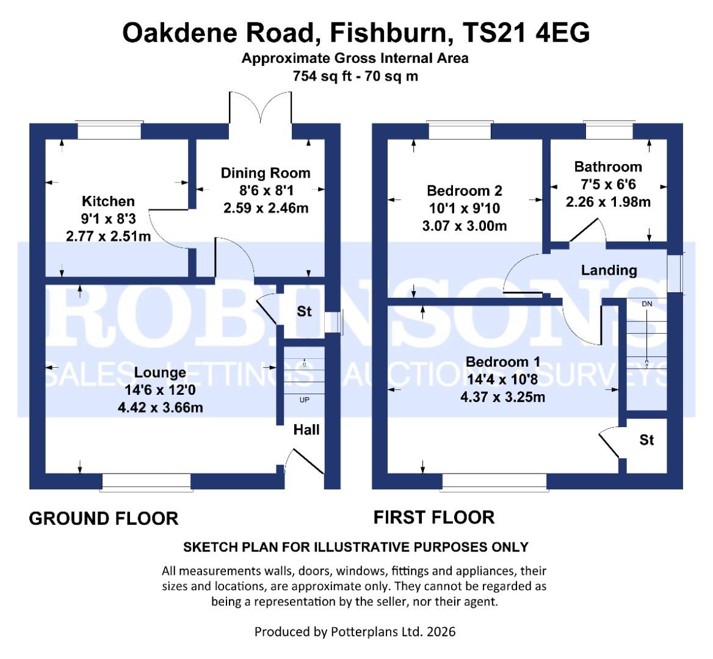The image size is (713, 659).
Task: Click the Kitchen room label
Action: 108,201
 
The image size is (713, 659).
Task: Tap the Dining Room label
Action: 265,173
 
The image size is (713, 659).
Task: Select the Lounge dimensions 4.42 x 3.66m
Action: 161,406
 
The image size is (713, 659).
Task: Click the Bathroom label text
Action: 608,167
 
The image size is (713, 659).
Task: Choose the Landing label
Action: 609,270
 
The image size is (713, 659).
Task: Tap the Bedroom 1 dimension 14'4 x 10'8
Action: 502,380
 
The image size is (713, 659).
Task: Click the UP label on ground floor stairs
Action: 304,400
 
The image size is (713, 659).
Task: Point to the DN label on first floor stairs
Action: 646,303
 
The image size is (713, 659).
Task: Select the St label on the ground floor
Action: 304,311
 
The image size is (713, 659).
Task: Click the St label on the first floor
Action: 646,439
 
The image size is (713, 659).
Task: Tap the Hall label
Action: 306,430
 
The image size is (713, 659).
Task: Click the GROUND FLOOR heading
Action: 104,519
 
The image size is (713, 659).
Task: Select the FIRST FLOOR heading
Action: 433,517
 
